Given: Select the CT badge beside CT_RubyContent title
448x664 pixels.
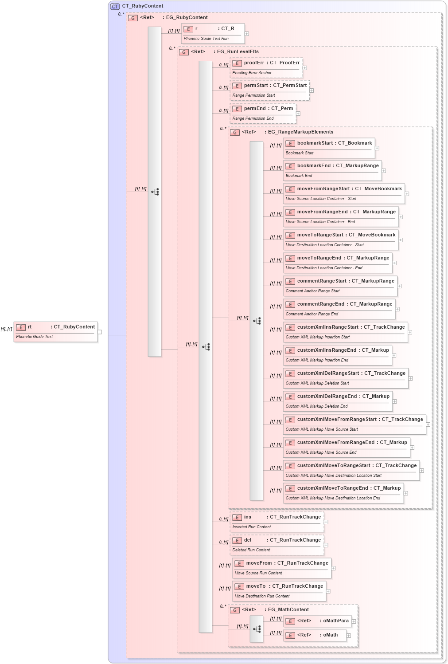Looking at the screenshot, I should pos(115,6).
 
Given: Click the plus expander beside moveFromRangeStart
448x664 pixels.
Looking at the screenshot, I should pos(407,194).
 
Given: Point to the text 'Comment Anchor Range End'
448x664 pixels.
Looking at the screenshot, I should pos(312,314).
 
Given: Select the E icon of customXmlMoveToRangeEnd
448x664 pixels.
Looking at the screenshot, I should pos(290,489).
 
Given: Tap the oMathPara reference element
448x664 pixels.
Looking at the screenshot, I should pos(317,621).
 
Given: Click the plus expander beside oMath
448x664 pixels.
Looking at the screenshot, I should pos(349,636).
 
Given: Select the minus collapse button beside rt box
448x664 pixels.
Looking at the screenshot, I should pos(100,332).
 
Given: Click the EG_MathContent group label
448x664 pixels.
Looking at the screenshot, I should pos(288,610).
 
